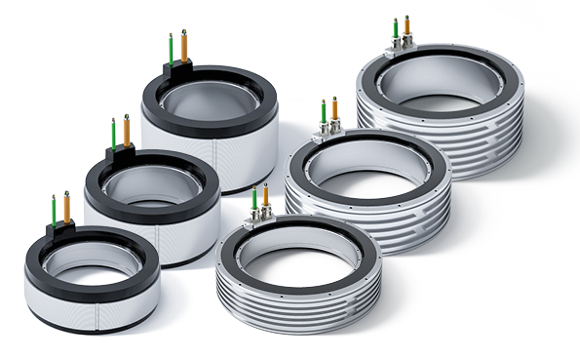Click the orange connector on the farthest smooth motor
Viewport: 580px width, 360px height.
tap(184, 46)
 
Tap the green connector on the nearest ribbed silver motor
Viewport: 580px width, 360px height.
tap(254, 200)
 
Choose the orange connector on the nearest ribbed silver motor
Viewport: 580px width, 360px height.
tap(265, 197)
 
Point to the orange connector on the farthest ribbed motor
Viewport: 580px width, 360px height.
tap(407, 28)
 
